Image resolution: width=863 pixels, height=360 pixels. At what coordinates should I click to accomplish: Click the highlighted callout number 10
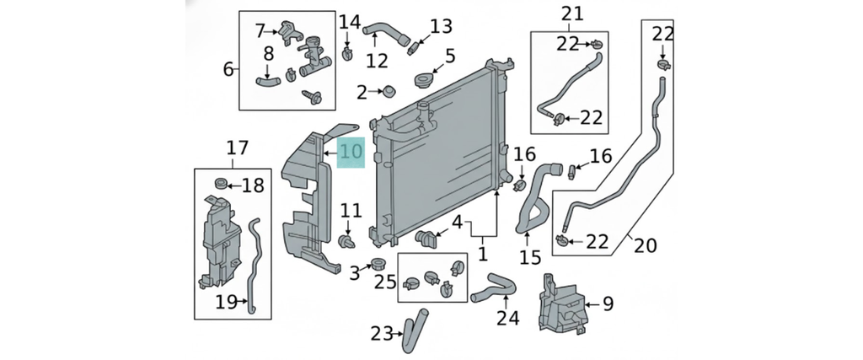click(x=351, y=153)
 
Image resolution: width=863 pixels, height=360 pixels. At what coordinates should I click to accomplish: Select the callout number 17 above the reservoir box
click(x=237, y=148)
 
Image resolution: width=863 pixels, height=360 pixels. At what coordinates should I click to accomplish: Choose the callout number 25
click(x=385, y=281)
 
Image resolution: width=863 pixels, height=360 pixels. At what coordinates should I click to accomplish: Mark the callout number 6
click(x=228, y=68)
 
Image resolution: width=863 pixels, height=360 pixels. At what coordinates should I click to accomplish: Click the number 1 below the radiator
click(x=483, y=252)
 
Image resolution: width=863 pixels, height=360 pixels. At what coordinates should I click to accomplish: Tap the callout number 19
click(x=225, y=301)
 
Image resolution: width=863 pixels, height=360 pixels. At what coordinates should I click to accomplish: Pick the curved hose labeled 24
click(x=491, y=291)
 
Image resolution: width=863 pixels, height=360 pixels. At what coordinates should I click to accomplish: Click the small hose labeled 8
click(x=268, y=82)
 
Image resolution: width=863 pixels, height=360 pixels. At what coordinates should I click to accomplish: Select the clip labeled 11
click(x=346, y=243)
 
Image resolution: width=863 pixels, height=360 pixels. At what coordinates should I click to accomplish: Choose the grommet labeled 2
click(x=389, y=90)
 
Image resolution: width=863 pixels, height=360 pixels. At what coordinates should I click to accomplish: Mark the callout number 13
click(x=441, y=27)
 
